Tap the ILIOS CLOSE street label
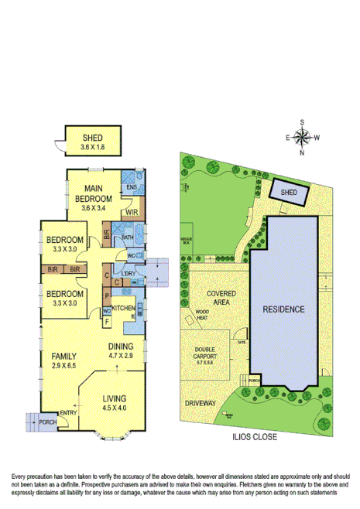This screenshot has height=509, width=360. (254, 436)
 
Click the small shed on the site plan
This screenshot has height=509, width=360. (288, 192)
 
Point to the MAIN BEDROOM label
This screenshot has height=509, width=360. (93, 197)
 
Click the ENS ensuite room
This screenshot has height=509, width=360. (132, 186)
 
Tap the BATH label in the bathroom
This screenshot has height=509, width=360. (129, 237)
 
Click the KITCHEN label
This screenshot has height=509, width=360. (124, 309)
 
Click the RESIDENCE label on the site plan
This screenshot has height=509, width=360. (284, 309)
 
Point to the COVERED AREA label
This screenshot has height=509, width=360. (221, 298)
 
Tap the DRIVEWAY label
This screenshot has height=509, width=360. (201, 404)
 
